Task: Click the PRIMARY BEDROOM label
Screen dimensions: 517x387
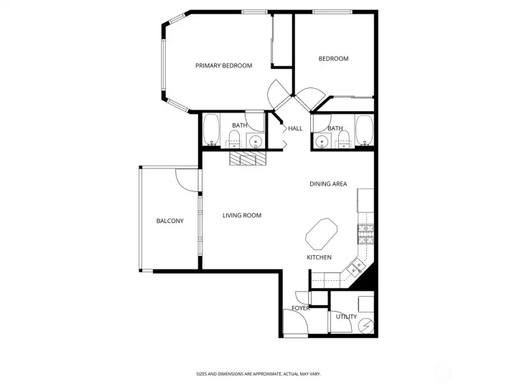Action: pos(223,65)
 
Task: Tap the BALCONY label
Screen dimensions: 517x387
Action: pos(169,221)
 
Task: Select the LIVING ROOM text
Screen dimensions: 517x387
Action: pos(242,215)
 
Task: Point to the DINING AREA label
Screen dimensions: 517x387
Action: pos(328,184)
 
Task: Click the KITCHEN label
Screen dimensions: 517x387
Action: pos(319,257)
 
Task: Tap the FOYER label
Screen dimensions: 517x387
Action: pos(301,308)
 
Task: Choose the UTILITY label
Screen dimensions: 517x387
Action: pos(346,317)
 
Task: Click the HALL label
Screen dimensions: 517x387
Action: pos(295,128)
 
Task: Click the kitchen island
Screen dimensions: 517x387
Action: pos(322,234)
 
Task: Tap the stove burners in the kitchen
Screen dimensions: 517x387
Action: pos(365,234)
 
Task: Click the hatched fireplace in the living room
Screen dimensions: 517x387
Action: pos(248,158)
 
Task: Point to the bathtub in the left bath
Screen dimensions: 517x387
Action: pos(211,130)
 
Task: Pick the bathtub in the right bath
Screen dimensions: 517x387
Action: pos(364,130)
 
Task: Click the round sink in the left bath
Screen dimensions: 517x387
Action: pos(255,142)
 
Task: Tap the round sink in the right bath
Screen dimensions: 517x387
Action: pos(321,142)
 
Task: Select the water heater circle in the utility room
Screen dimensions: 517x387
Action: pos(366,326)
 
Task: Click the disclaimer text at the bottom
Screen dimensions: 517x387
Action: pos(258,374)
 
